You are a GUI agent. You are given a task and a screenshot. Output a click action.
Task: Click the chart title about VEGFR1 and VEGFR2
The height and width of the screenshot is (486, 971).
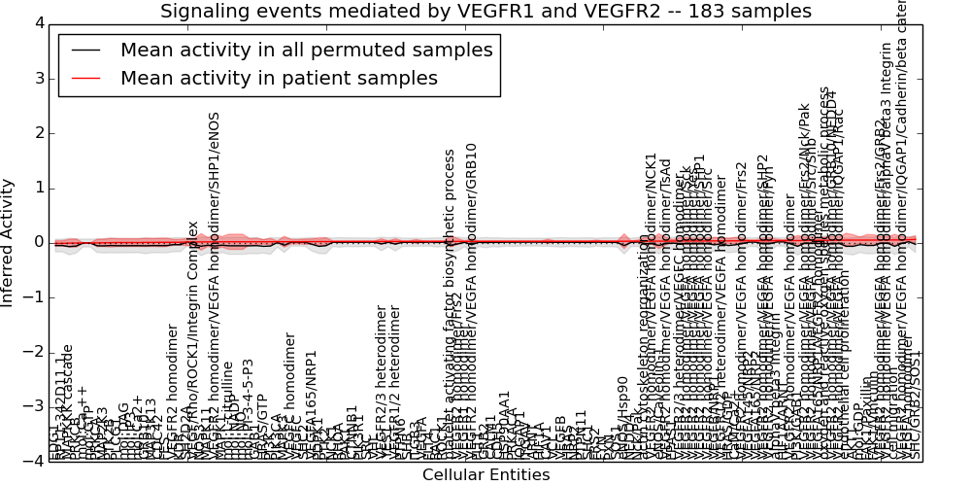click(485, 12)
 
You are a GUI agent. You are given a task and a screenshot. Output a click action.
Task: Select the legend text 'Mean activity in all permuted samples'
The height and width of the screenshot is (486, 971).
click(306, 51)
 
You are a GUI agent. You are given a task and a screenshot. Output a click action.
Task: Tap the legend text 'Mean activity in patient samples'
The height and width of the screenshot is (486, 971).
click(279, 78)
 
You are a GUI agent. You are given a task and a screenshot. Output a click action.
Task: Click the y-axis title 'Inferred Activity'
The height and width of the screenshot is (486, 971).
click(9, 242)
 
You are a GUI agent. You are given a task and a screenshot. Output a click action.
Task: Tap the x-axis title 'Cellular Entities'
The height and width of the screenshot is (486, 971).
click(485, 475)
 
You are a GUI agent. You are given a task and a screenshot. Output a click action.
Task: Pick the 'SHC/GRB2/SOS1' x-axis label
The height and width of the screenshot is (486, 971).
click(917, 407)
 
